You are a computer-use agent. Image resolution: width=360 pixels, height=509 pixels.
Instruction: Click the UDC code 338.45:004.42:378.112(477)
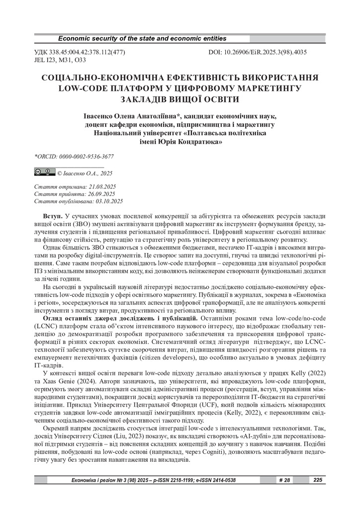(x=80, y=52)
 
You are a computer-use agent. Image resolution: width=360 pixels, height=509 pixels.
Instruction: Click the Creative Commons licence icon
(x=45, y=172)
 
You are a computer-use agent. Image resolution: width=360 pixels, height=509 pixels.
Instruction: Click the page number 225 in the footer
(x=319, y=480)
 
